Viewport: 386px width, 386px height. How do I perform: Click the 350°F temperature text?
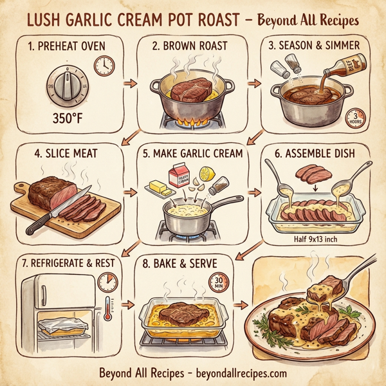click(x=68, y=120)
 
